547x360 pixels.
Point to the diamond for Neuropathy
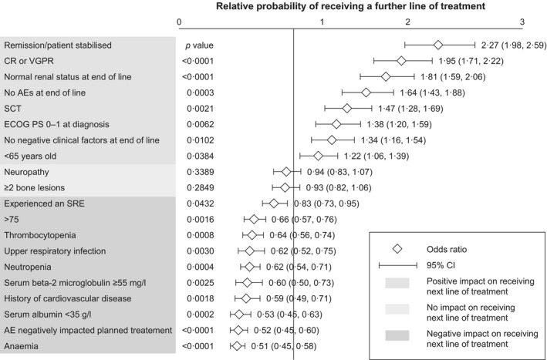point(287,172)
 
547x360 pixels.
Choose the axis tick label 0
point(180,22)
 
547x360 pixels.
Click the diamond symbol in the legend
point(398,248)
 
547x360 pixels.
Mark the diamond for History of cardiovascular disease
point(247,298)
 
